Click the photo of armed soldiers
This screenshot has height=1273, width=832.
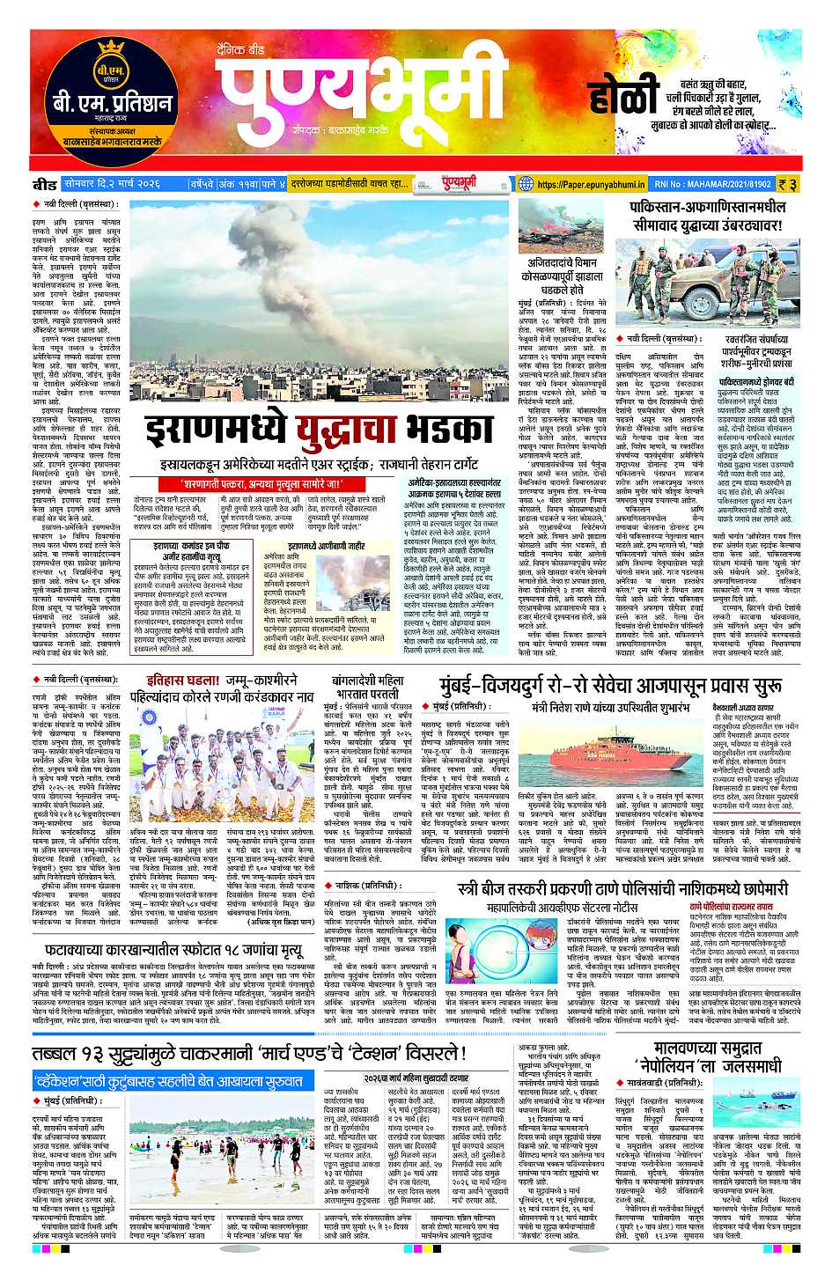point(711,281)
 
